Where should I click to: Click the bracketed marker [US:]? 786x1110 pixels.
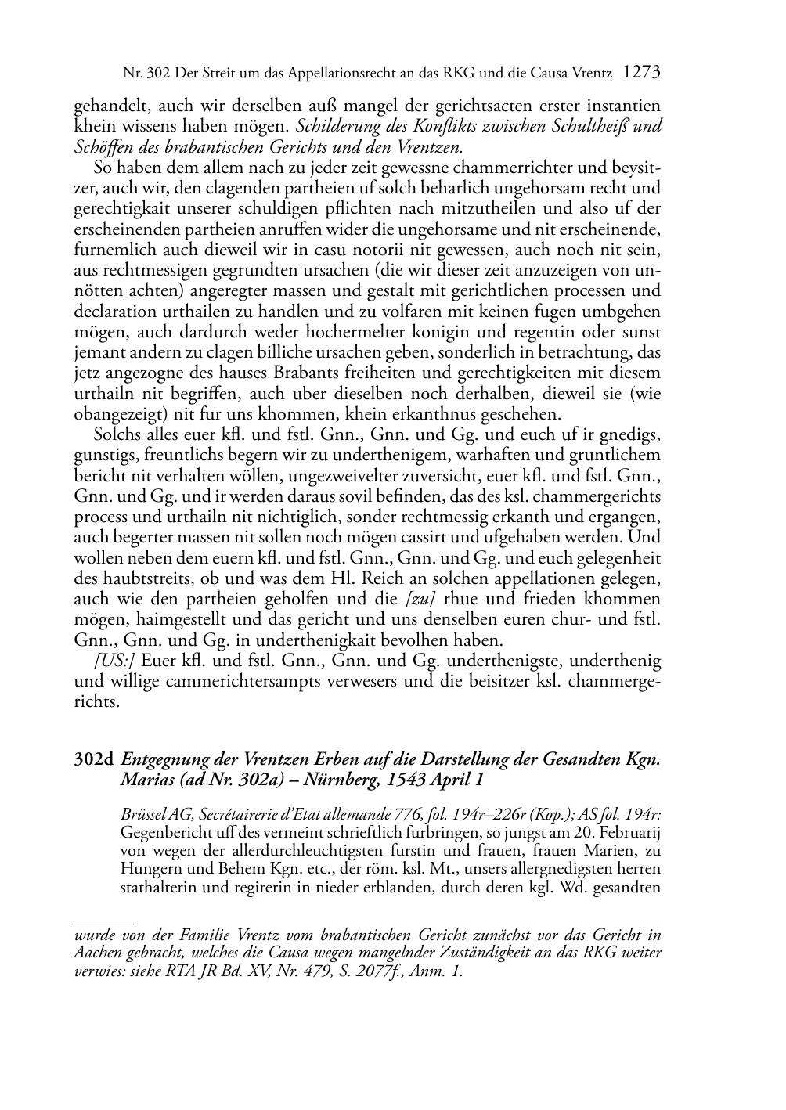[x=114, y=660]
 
